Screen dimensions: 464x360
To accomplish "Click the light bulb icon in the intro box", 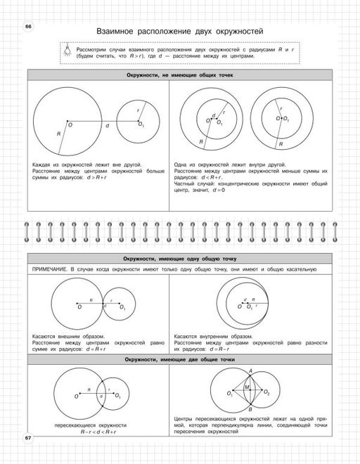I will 67,49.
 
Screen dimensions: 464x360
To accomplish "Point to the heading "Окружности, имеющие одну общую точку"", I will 179,259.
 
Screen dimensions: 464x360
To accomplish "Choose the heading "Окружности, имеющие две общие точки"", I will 179,359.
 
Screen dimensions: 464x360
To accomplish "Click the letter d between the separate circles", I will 107,127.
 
